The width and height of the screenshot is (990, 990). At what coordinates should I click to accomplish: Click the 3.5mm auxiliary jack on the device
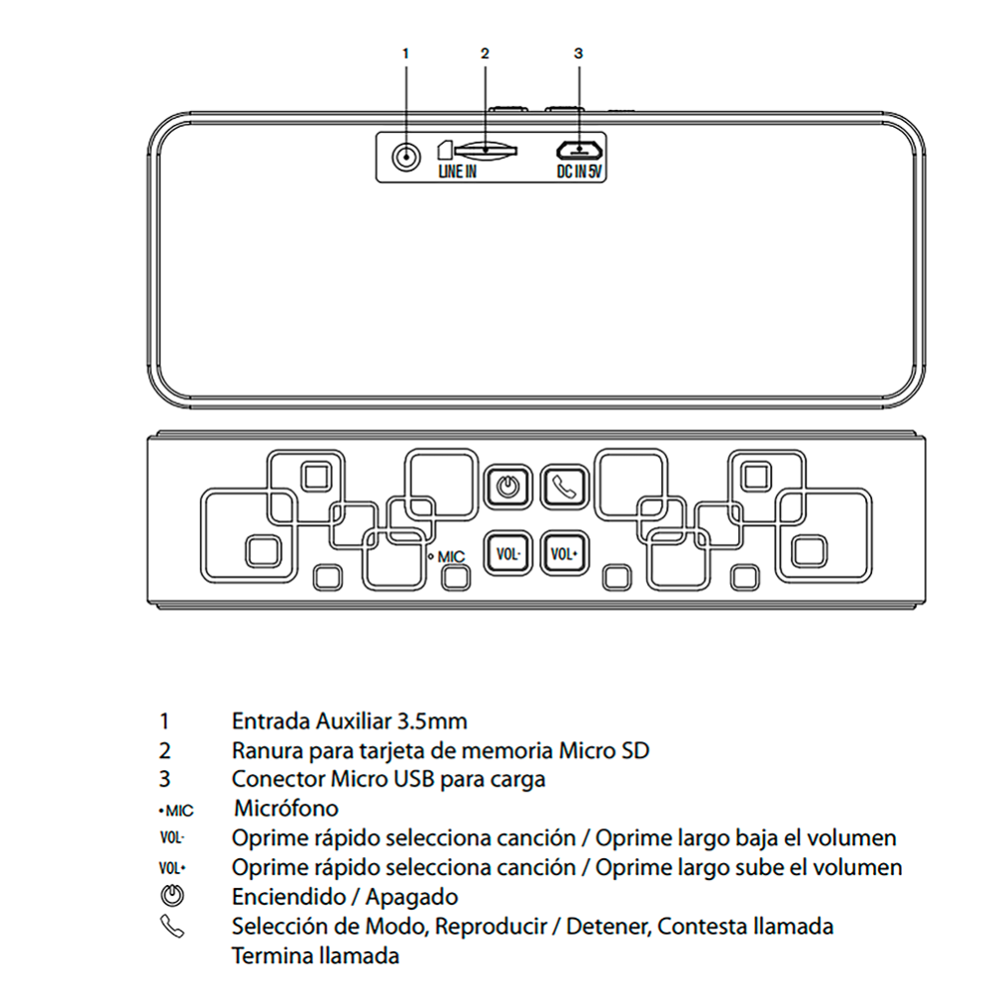pos(406,156)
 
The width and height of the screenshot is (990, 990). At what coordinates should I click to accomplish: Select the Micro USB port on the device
pos(579,150)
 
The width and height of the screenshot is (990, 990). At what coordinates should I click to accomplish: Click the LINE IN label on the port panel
pos(457,171)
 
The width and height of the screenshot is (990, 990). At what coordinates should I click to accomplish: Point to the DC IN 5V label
pos(579,171)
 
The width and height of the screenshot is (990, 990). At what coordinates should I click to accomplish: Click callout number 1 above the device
pos(405,54)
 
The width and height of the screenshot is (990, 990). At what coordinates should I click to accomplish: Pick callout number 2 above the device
pos(485,54)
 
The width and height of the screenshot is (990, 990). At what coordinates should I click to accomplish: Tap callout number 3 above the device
pos(579,54)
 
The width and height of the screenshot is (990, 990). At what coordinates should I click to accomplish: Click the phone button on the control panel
pos(565,487)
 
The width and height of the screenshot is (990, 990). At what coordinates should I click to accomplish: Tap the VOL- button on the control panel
pos(507,554)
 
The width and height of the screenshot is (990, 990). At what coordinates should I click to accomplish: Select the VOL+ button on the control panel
pos(565,554)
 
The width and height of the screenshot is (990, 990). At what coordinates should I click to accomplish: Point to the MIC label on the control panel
pos(451,556)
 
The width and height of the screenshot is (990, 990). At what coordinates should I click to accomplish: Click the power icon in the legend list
pos(172,897)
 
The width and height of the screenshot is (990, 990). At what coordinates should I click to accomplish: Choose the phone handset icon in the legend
pos(172,927)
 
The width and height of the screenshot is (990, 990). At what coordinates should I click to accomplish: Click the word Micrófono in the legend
pos(286,809)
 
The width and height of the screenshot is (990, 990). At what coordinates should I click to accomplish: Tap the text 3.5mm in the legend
pos(432,721)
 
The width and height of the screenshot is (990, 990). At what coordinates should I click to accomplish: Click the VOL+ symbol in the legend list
pos(172,868)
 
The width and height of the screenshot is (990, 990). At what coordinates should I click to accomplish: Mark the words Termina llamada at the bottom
pos(315,956)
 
